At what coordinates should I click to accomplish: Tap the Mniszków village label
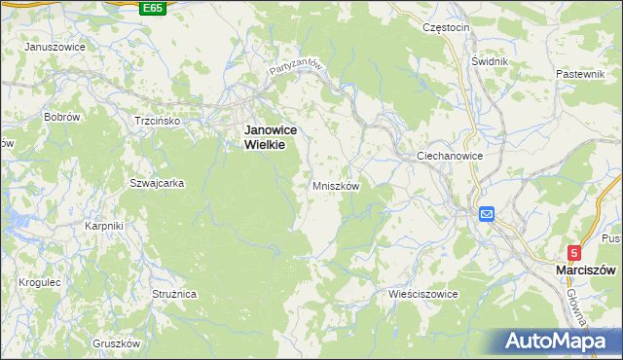[x=337, y=185]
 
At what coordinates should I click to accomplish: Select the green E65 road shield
[x=152, y=8]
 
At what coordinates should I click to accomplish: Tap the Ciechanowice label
[x=449, y=156]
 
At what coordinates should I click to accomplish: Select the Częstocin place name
[x=447, y=27]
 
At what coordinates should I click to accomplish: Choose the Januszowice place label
[x=55, y=47]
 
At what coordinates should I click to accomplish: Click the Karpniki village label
[x=103, y=226]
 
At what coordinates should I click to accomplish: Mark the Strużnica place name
[x=175, y=292]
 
